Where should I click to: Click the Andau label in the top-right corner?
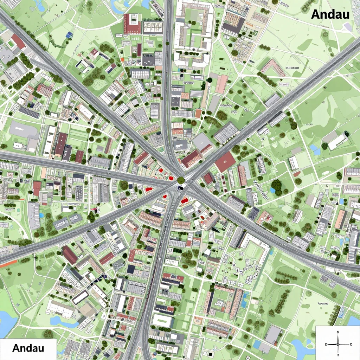click(x=330, y=14)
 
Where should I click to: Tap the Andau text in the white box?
click(x=28, y=348)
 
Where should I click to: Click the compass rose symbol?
click(x=338, y=343)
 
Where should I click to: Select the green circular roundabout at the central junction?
click(x=181, y=180)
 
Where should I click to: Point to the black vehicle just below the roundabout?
click(x=181, y=188)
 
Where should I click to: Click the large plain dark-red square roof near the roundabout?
click(x=225, y=162)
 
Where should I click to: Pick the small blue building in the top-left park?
click(x=69, y=34)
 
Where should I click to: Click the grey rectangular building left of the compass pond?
click(x=273, y=335)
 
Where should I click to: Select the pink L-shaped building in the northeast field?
click(x=272, y=68)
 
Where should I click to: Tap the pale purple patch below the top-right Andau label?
click(x=348, y=27)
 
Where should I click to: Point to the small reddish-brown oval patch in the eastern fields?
click(x=297, y=174)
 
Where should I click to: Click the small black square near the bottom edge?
click(x=209, y=355)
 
